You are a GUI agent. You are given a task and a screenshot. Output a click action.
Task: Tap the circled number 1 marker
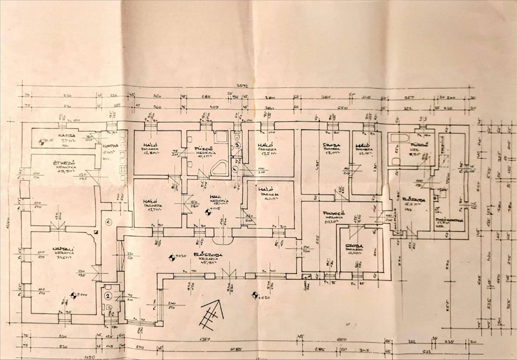109,222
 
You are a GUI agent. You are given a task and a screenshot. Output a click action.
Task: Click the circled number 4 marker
235,169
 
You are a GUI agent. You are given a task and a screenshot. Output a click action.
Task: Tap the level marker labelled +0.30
171,258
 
